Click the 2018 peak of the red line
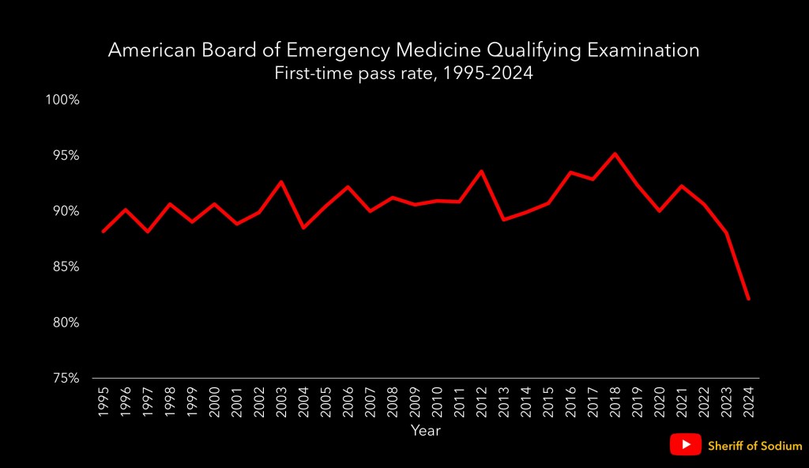[x=615, y=154]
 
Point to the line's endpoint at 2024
[x=747, y=299]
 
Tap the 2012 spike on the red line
[x=481, y=172]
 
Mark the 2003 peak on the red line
[x=281, y=182]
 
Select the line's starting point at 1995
[x=103, y=232]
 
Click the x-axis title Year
[x=425, y=431]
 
